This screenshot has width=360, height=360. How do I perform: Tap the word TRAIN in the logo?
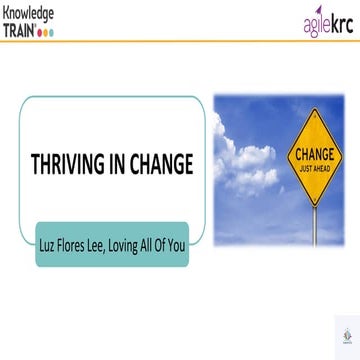(x=19, y=30)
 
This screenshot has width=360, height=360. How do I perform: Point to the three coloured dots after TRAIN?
(x=47, y=32)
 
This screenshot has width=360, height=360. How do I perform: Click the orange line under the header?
(x=180, y=41)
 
